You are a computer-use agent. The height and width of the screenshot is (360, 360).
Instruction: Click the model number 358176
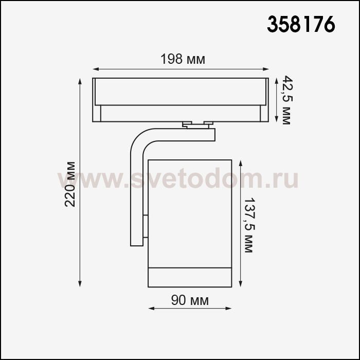click(x=301, y=24)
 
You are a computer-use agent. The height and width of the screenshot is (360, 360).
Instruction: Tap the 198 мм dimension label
click(x=183, y=59)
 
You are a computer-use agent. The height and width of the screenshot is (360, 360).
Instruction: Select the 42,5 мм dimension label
click(x=287, y=100)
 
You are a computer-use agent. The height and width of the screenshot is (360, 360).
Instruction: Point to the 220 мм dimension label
click(x=70, y=184)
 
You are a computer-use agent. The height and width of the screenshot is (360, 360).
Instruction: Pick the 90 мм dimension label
click(x=190, y=300)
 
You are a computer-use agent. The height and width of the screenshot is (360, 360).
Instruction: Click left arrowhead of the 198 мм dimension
click(x=96, y=69)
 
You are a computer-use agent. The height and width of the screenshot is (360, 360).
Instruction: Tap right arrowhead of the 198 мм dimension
click(x=266, y=69)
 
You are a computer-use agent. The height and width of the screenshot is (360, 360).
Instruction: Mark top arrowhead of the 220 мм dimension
click(x=80, y=81)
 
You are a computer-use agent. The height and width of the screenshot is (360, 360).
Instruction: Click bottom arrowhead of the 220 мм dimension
click(x=80, y=284)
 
